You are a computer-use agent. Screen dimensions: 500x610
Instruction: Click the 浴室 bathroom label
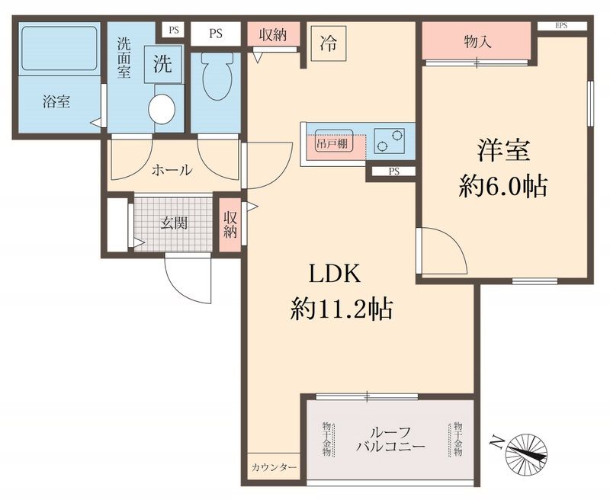[56, 101]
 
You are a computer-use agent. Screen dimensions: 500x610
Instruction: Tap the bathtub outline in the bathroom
[58, 50]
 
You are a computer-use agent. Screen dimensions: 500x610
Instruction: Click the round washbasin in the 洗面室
[162, 108]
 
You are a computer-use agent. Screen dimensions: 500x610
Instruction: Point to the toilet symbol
[217, 76]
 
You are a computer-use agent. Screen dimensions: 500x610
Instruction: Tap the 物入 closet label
[477, 42]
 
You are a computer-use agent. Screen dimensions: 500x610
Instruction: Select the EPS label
[561, 26]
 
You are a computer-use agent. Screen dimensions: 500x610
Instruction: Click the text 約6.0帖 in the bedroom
[502, 186]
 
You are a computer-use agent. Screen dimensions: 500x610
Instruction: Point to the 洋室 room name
[503, 151]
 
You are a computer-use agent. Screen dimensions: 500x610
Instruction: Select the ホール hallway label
[172, 171]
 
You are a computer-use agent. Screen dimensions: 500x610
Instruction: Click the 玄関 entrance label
[174, 224]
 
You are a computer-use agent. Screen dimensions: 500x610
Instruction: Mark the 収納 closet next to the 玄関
[230, 226]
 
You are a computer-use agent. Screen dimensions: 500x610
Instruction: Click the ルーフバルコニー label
[390, 439]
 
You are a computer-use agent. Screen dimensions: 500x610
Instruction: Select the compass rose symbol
[526, 449]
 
